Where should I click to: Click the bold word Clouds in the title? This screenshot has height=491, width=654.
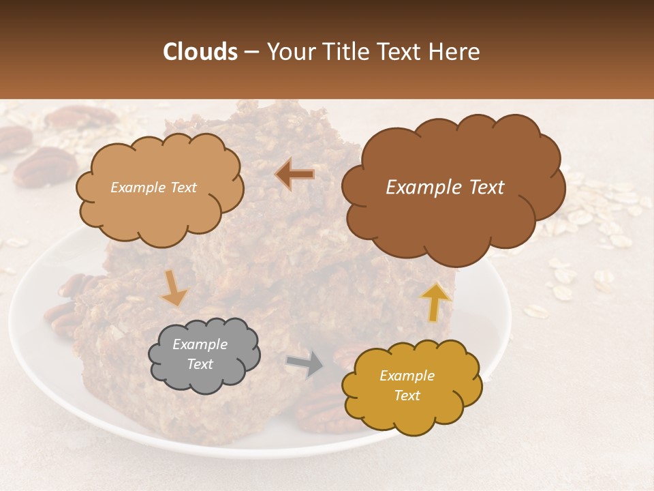200,52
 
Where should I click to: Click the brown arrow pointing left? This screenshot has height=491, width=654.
295,174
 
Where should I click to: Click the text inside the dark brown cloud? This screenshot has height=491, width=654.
445,188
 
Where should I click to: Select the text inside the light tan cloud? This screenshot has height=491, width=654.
153,188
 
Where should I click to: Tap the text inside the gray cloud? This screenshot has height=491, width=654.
200,354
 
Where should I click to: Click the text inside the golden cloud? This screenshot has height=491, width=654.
407,385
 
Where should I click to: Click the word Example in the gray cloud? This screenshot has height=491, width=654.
200,344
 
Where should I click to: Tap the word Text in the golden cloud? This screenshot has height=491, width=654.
407,396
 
